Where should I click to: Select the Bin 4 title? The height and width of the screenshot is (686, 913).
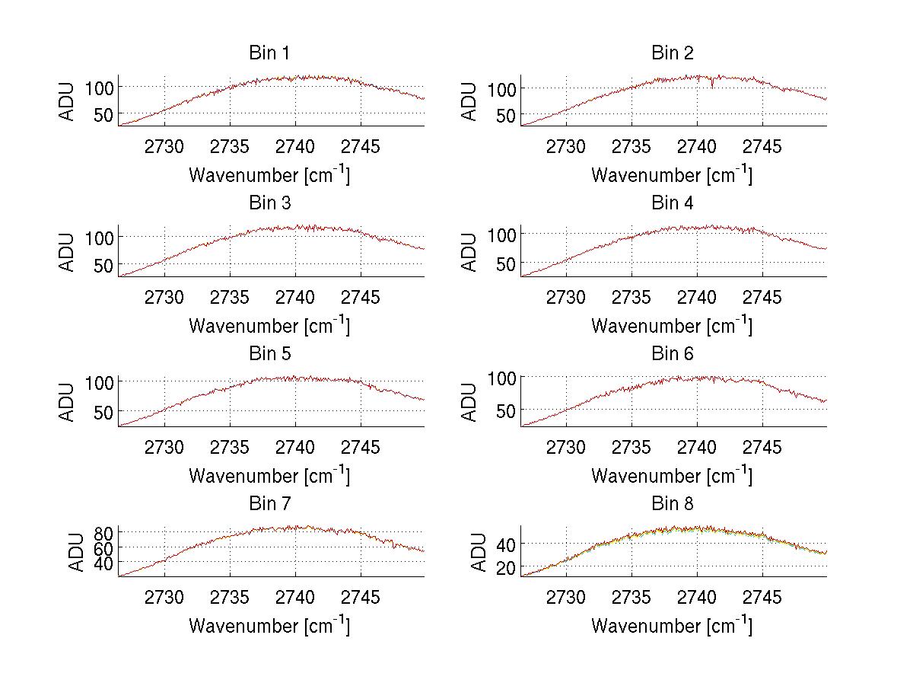click(672, 203)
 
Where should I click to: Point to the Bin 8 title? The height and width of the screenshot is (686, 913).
click(672, 504)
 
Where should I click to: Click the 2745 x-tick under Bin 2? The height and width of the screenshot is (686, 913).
click(762, 146)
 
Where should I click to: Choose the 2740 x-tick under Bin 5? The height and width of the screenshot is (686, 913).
click(294, 447)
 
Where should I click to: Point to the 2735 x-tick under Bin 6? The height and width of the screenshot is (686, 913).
click(631, 447)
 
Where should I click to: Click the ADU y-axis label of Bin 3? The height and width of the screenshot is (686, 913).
click(68, 251)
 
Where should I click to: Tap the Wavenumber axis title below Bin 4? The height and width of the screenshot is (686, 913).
click(672, 326)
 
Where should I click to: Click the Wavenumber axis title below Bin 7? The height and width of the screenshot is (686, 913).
click(269, 626)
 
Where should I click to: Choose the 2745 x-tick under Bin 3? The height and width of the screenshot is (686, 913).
click(360, 297)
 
